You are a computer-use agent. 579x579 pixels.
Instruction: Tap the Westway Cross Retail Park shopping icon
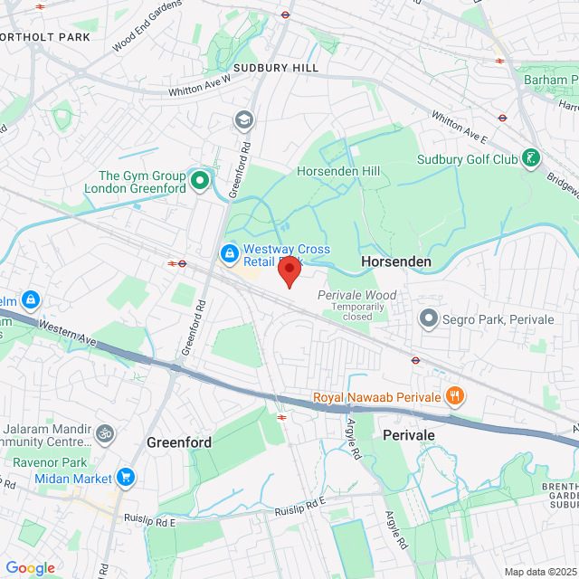click(230, 251)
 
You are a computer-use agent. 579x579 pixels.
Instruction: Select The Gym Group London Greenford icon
click(199, 183)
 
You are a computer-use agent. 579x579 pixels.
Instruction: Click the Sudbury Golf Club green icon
click(533, 160)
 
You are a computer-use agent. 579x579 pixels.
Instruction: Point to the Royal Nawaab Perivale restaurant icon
click(455, 396)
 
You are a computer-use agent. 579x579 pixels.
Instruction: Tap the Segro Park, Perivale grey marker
click(428, 318)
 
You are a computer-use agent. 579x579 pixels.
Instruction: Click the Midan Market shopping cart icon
click(126, 477)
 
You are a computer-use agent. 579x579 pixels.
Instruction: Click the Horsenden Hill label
click(338, 171)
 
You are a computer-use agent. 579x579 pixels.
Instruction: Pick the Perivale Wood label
click(356, 295)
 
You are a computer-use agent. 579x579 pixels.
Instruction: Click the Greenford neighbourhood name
click(179, 442)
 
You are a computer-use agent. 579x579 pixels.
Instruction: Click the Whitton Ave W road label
click(200, 86)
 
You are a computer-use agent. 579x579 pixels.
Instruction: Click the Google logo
click(30, 568)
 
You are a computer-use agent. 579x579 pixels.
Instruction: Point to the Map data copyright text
click(540, 572)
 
